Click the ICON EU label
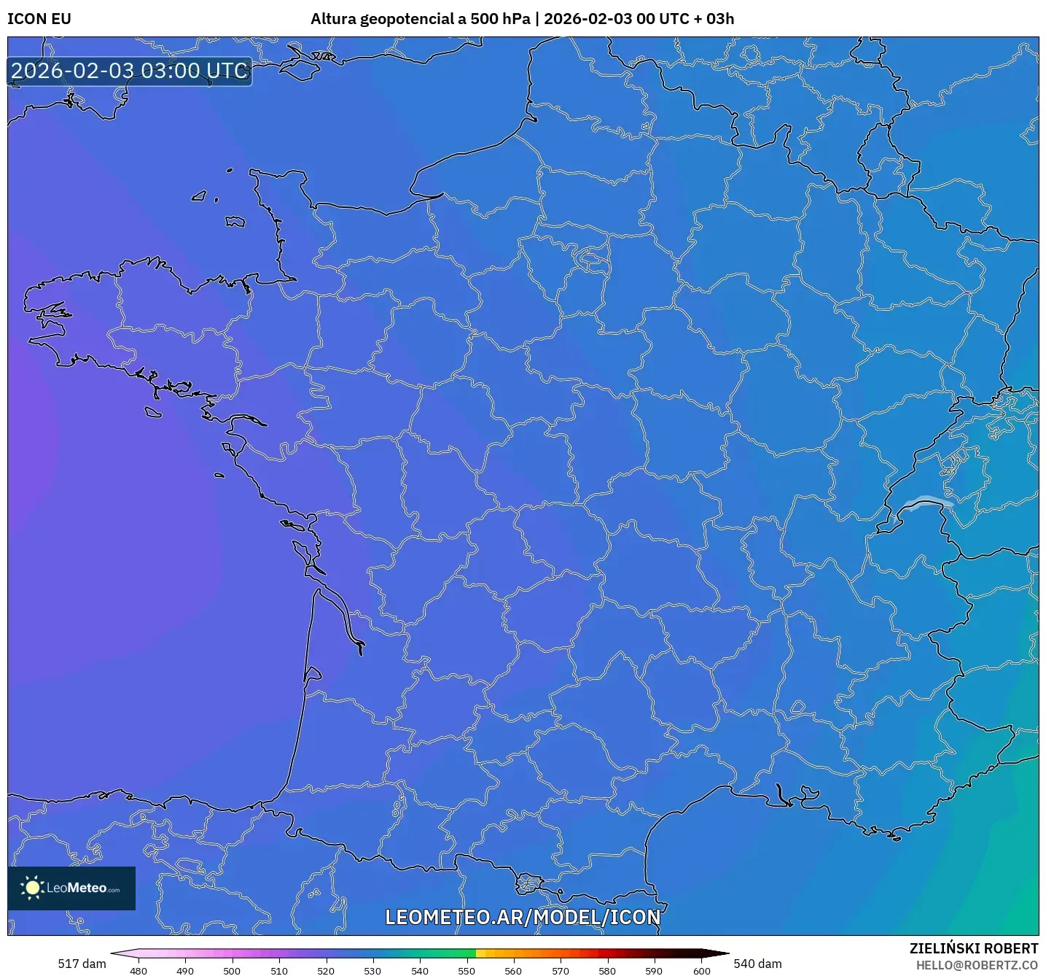point(39,19)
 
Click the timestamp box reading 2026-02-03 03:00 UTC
point(130,71)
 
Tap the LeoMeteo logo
point(71,888)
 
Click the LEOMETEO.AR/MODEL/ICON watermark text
point(523,917)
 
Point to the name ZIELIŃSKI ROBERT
point(974,948)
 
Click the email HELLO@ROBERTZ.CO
point(977,965)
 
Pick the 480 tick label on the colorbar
point(138,971)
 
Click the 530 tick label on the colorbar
point(372,971)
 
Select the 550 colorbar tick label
point(467,971)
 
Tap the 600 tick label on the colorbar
point(701,971)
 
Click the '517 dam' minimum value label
point(82,964)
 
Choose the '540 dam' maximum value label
point(757,964)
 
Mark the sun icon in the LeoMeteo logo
point(32,888)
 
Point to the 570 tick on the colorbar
point(561,971)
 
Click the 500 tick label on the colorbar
point(232,971)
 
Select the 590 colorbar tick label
point(654,971)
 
